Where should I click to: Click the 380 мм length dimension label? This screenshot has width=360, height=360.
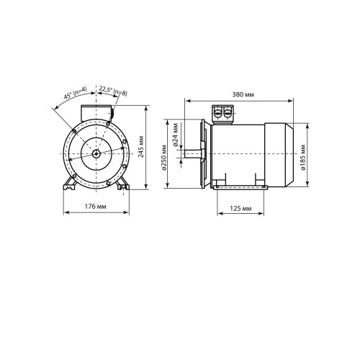click(243, 94)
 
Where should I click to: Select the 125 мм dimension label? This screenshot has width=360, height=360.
click(240, 208)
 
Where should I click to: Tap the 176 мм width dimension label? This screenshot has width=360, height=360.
click(95, 206)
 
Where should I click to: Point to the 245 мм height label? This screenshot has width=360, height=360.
click(141, 147)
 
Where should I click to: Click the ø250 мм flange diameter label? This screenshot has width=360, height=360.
click(164, 158)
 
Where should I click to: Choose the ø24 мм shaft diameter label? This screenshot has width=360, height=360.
click(176, 135)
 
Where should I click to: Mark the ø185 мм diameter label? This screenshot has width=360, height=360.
click(303, 157)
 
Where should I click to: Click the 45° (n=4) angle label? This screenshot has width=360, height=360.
click(75, 93)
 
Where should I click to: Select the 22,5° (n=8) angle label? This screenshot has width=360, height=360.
click(113, 91)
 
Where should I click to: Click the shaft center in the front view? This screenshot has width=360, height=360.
click(96, 154)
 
